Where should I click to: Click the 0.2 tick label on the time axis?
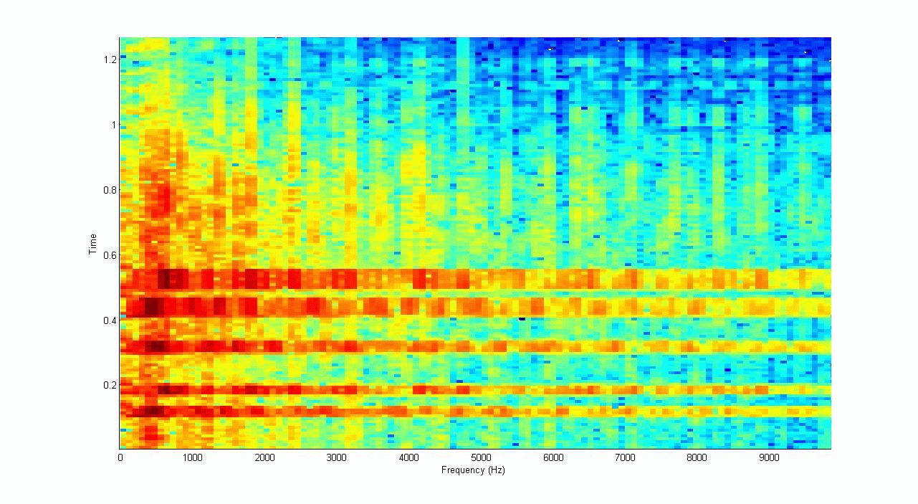point(107,385)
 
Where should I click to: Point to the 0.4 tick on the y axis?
point(107,320)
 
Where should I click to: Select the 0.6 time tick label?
point(107,255)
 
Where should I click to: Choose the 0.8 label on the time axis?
point(107,190)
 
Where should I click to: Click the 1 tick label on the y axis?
point(112,125)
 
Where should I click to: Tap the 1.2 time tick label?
point(107,60)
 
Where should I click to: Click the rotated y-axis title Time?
point(92,244)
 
